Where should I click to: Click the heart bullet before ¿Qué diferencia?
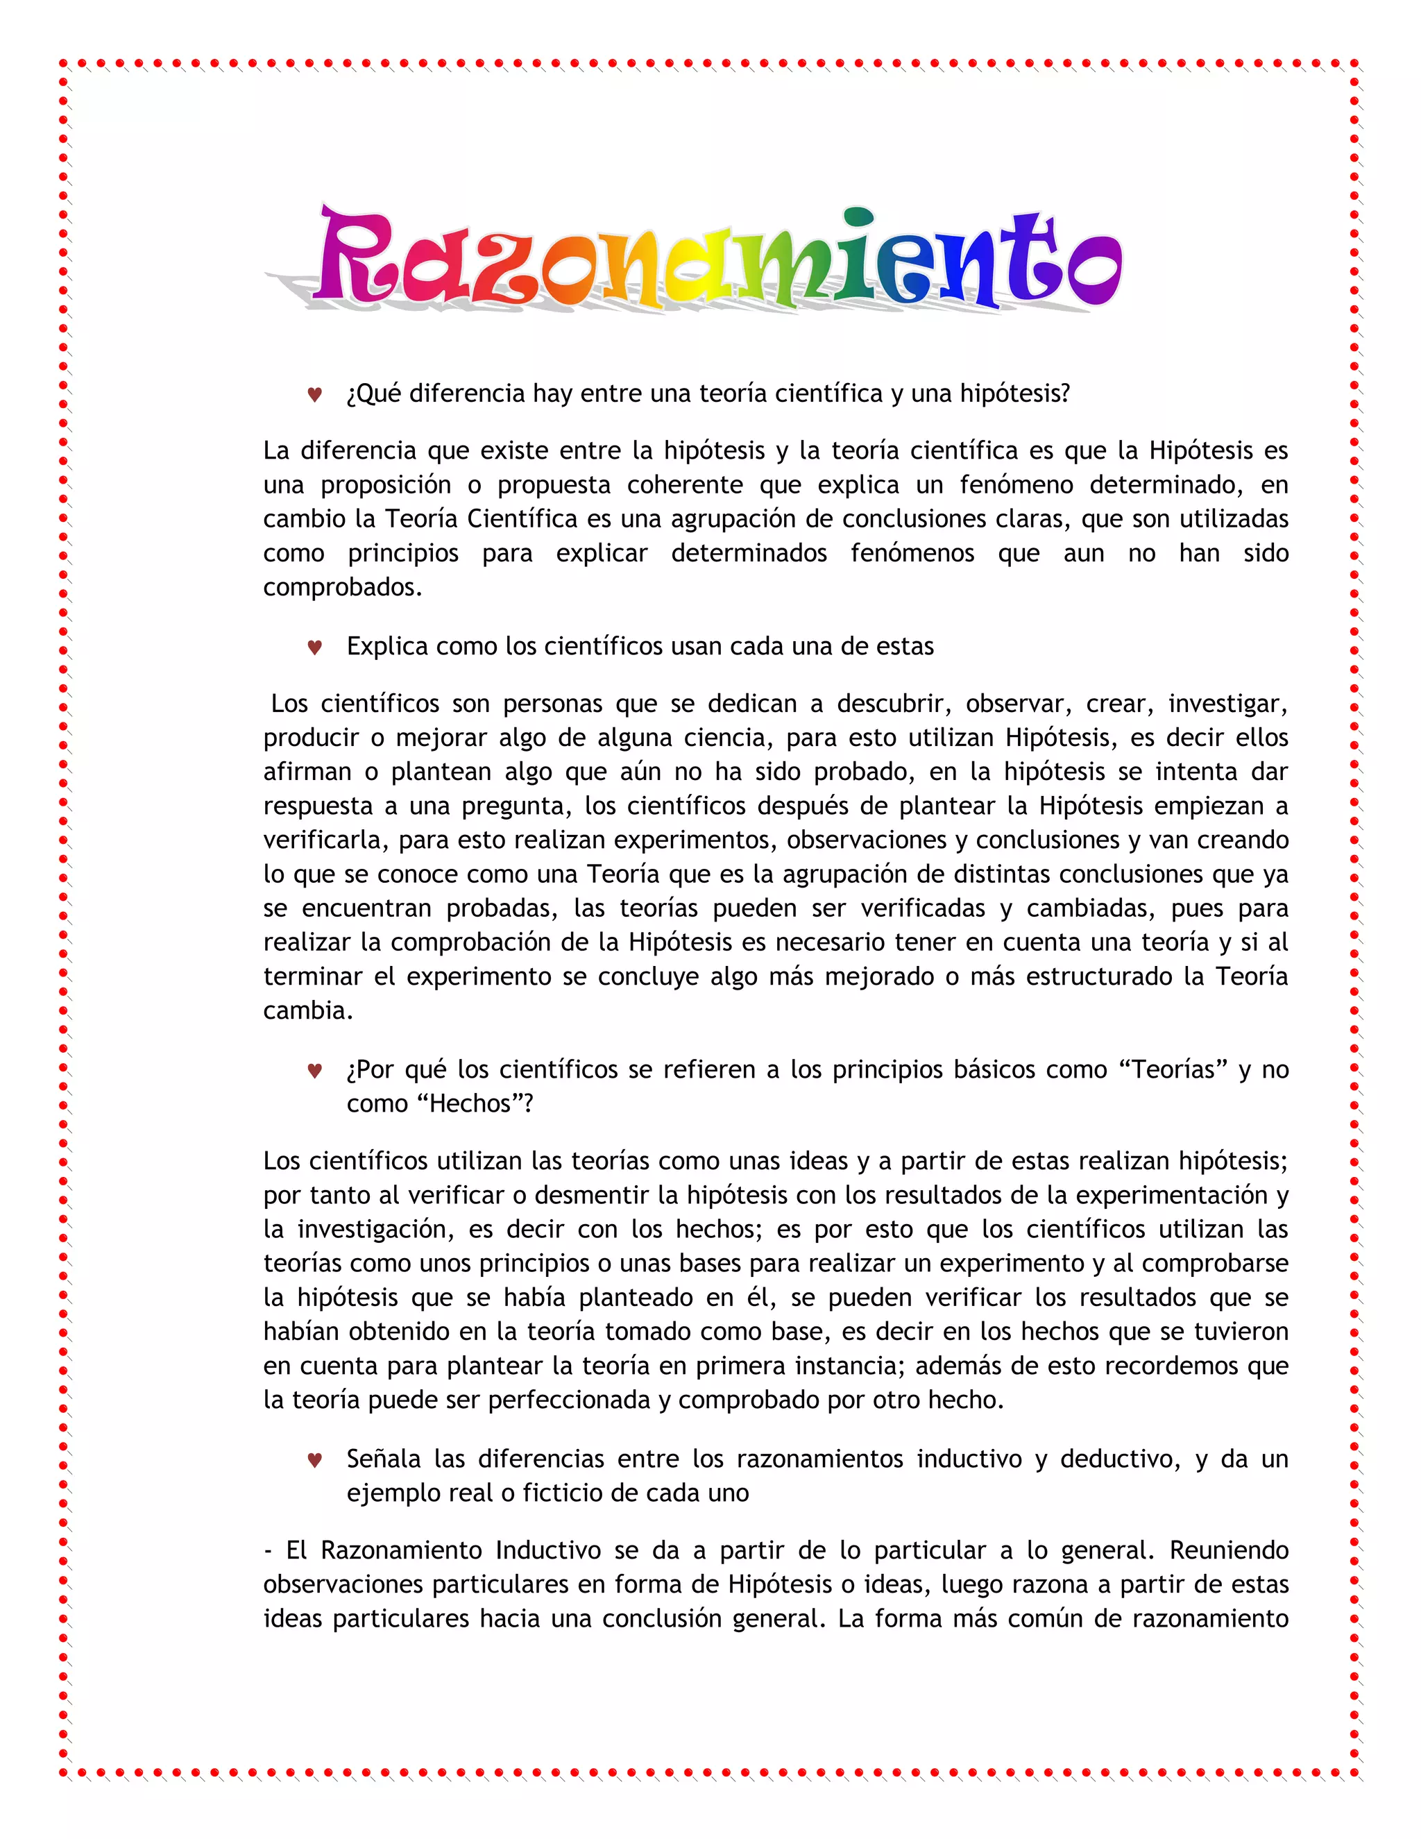tap(315, 394)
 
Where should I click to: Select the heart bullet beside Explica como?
tap(315, 647)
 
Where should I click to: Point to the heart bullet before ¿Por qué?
tap(315, 1070)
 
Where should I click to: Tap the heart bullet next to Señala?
tap(315, 1459)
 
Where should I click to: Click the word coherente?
tap(684, 485)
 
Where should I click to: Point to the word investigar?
tap(1227, 704)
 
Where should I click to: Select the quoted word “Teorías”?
tap(1172, 1069)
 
